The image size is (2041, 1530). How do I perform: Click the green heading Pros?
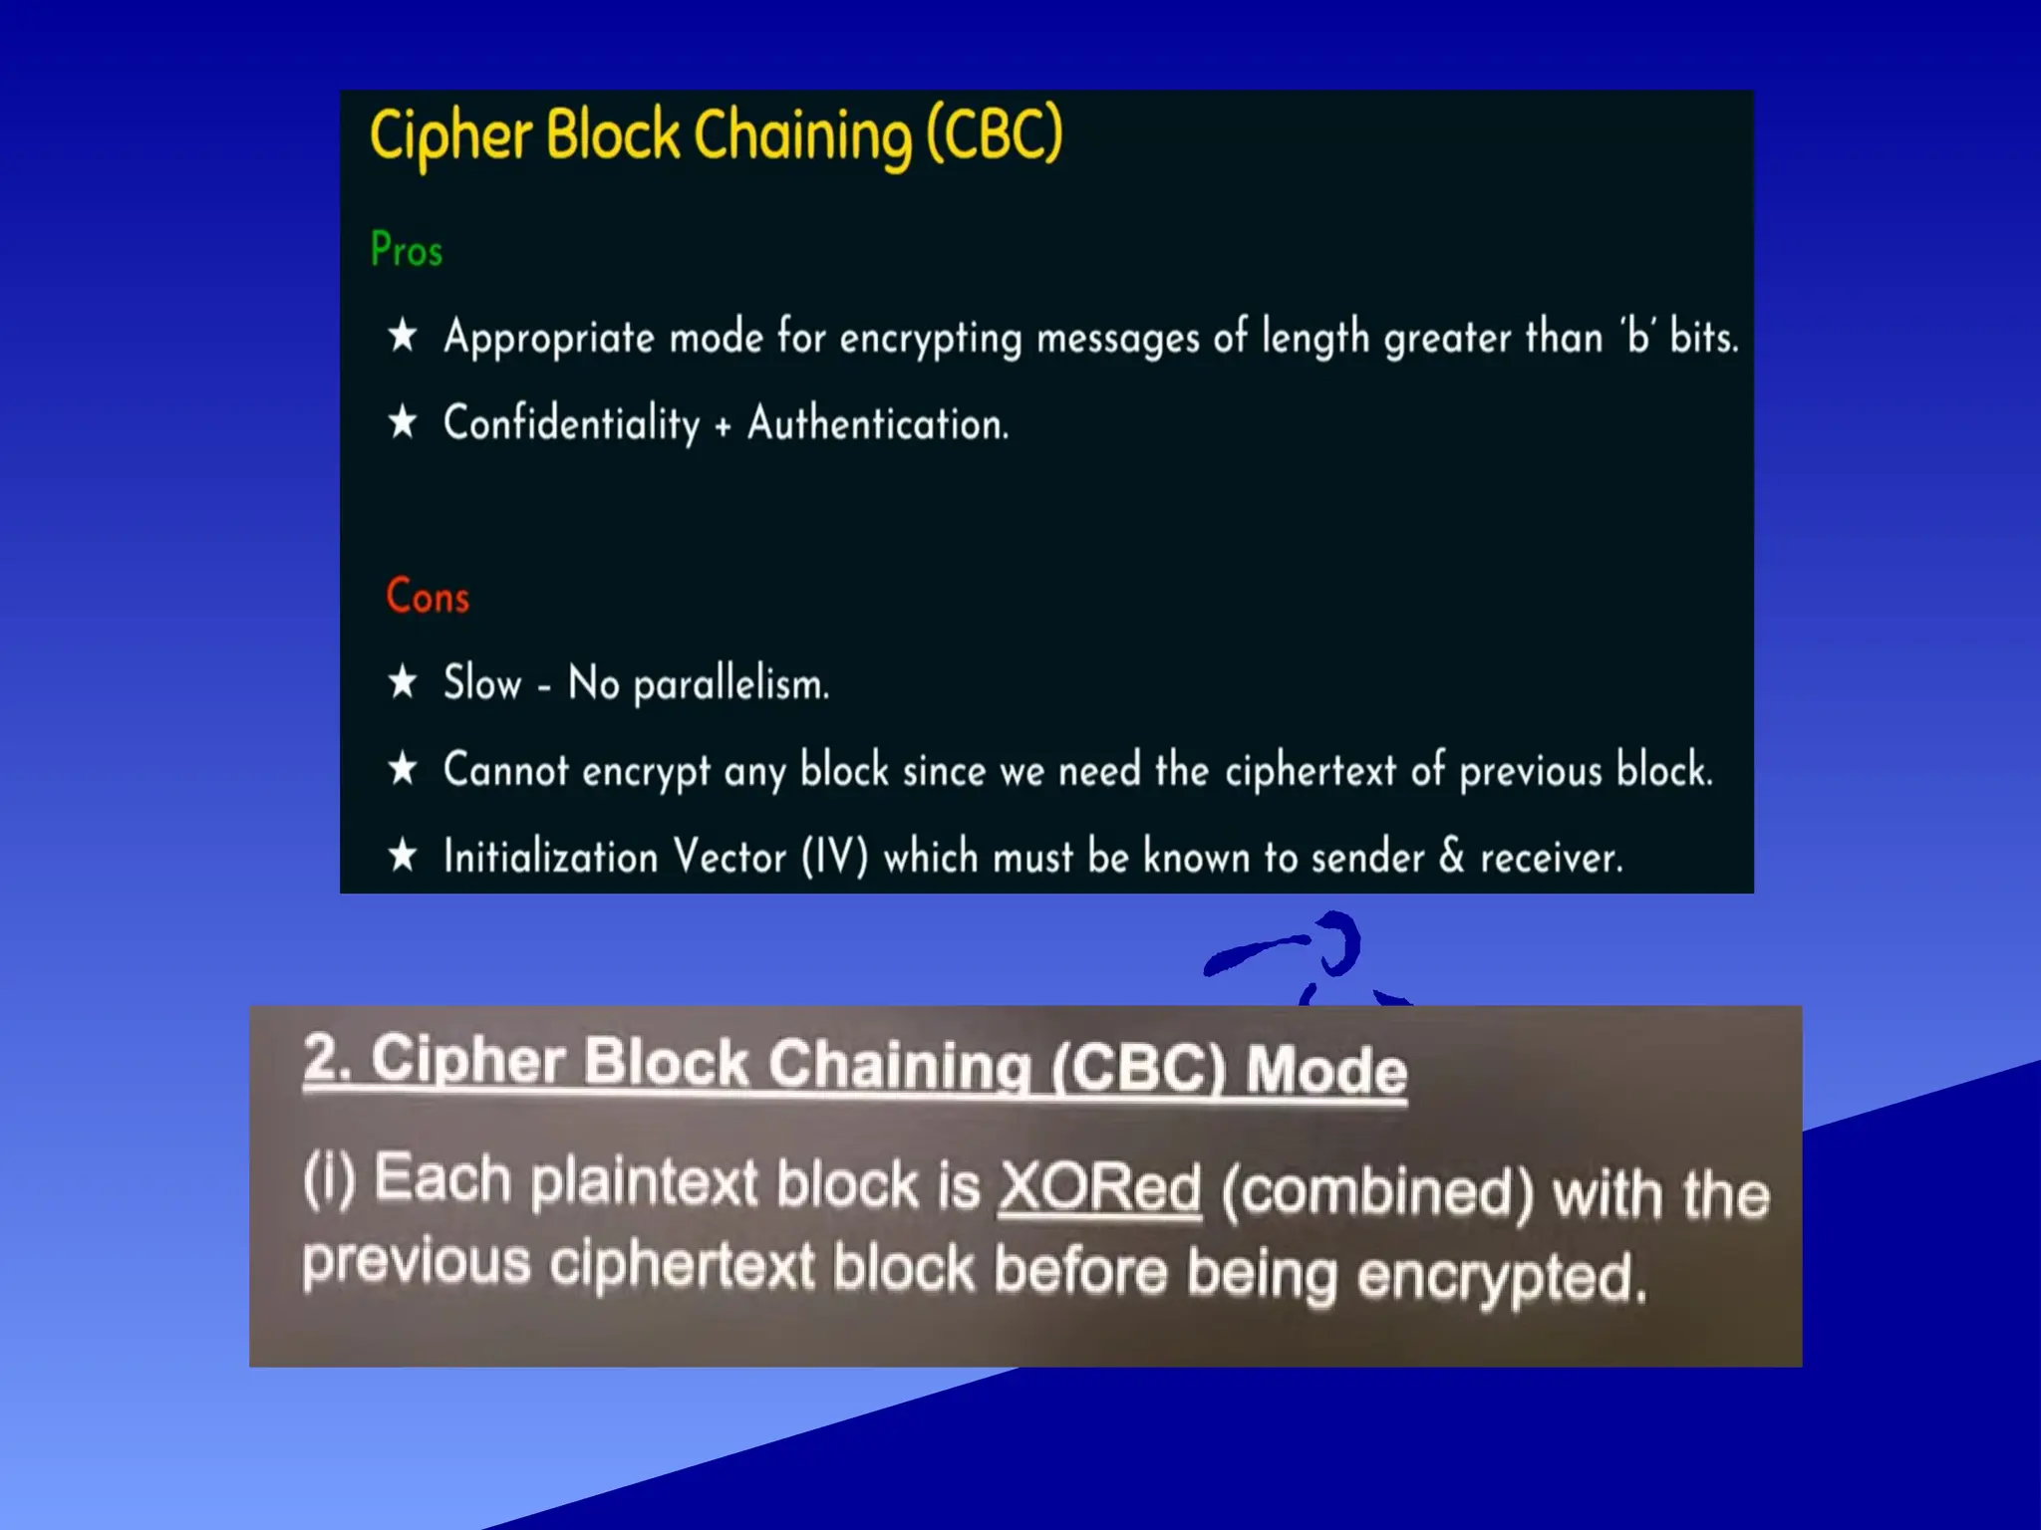406,249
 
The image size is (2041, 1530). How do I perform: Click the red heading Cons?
428,597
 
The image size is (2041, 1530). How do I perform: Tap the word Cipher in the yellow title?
450,136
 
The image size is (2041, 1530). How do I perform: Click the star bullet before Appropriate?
403,336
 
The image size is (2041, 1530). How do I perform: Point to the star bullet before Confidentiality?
403,422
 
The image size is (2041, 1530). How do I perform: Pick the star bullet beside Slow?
403,683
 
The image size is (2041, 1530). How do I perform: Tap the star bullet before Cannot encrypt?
403,769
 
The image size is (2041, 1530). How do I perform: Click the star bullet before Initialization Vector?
403,856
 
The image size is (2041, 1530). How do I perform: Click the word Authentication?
878,423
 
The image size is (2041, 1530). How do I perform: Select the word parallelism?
730,685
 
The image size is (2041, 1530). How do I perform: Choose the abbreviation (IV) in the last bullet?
835,857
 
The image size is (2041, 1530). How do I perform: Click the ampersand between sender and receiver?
1452,856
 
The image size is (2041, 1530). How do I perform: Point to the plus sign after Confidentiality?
724,426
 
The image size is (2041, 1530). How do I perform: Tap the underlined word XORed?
1099,1187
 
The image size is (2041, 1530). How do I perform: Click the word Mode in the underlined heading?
1326,1070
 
